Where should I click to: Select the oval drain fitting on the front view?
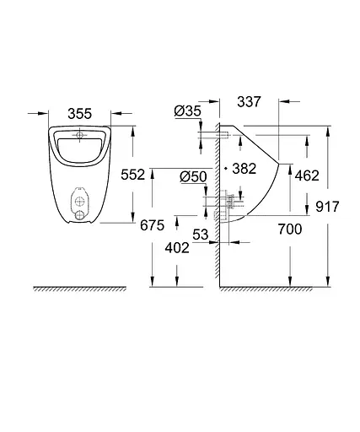[x=80, y=204]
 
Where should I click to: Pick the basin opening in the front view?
[x=80, y=148]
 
